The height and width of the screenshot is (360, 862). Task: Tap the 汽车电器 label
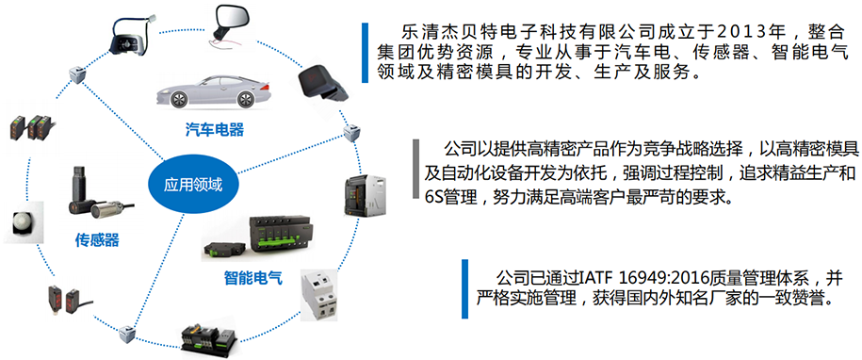215,130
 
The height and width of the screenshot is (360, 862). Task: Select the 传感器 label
97,239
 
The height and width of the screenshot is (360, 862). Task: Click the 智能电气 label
253,278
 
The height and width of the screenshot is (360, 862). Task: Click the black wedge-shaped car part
324,83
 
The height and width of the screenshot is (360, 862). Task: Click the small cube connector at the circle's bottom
127,333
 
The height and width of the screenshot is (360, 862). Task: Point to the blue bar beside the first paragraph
365,53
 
